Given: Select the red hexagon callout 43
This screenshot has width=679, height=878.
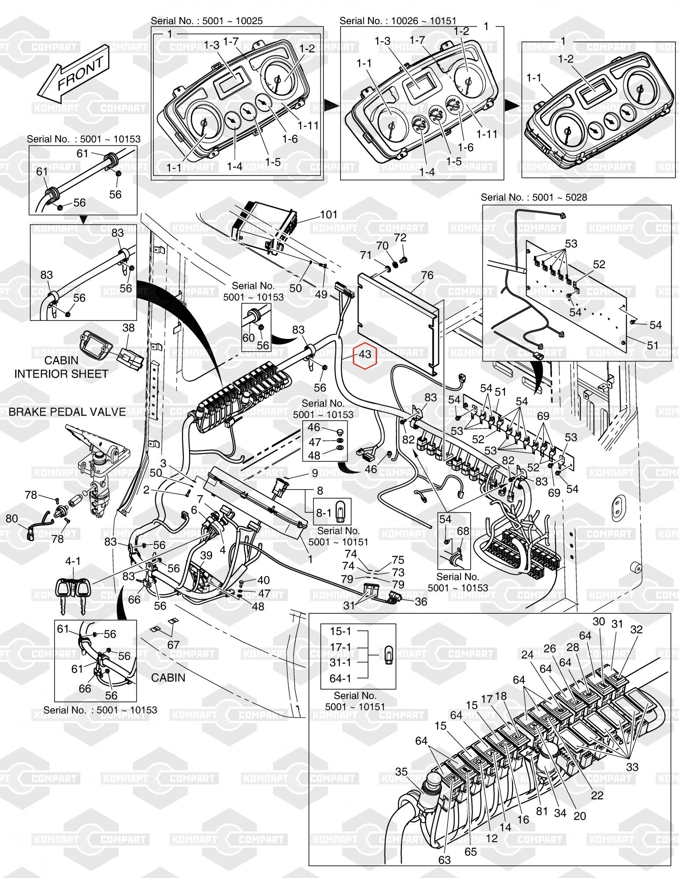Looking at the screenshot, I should point(365,354).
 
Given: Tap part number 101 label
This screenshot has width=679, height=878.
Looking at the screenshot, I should point(328,215).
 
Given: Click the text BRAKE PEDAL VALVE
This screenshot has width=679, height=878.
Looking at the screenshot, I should point(67,412).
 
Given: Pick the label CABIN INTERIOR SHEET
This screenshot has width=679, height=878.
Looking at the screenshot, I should point(61,367).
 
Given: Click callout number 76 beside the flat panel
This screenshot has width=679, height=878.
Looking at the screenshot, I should point(427,275).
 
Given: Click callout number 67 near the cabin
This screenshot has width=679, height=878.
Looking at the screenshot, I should point(173,645).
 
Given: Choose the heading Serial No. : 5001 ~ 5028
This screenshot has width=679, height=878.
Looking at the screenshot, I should point(534,198).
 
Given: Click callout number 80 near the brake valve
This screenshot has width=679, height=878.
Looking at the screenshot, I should point(12,519).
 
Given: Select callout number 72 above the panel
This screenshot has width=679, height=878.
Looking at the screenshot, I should point(400,237).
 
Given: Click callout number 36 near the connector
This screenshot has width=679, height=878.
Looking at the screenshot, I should point(421,601).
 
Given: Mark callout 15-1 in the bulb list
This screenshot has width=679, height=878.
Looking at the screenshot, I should point(341,631).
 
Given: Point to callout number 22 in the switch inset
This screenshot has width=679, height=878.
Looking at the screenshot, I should point(597,795).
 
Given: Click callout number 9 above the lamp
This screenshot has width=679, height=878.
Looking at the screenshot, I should point(314,473).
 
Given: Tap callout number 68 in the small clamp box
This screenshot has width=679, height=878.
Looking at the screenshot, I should point(463,532).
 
